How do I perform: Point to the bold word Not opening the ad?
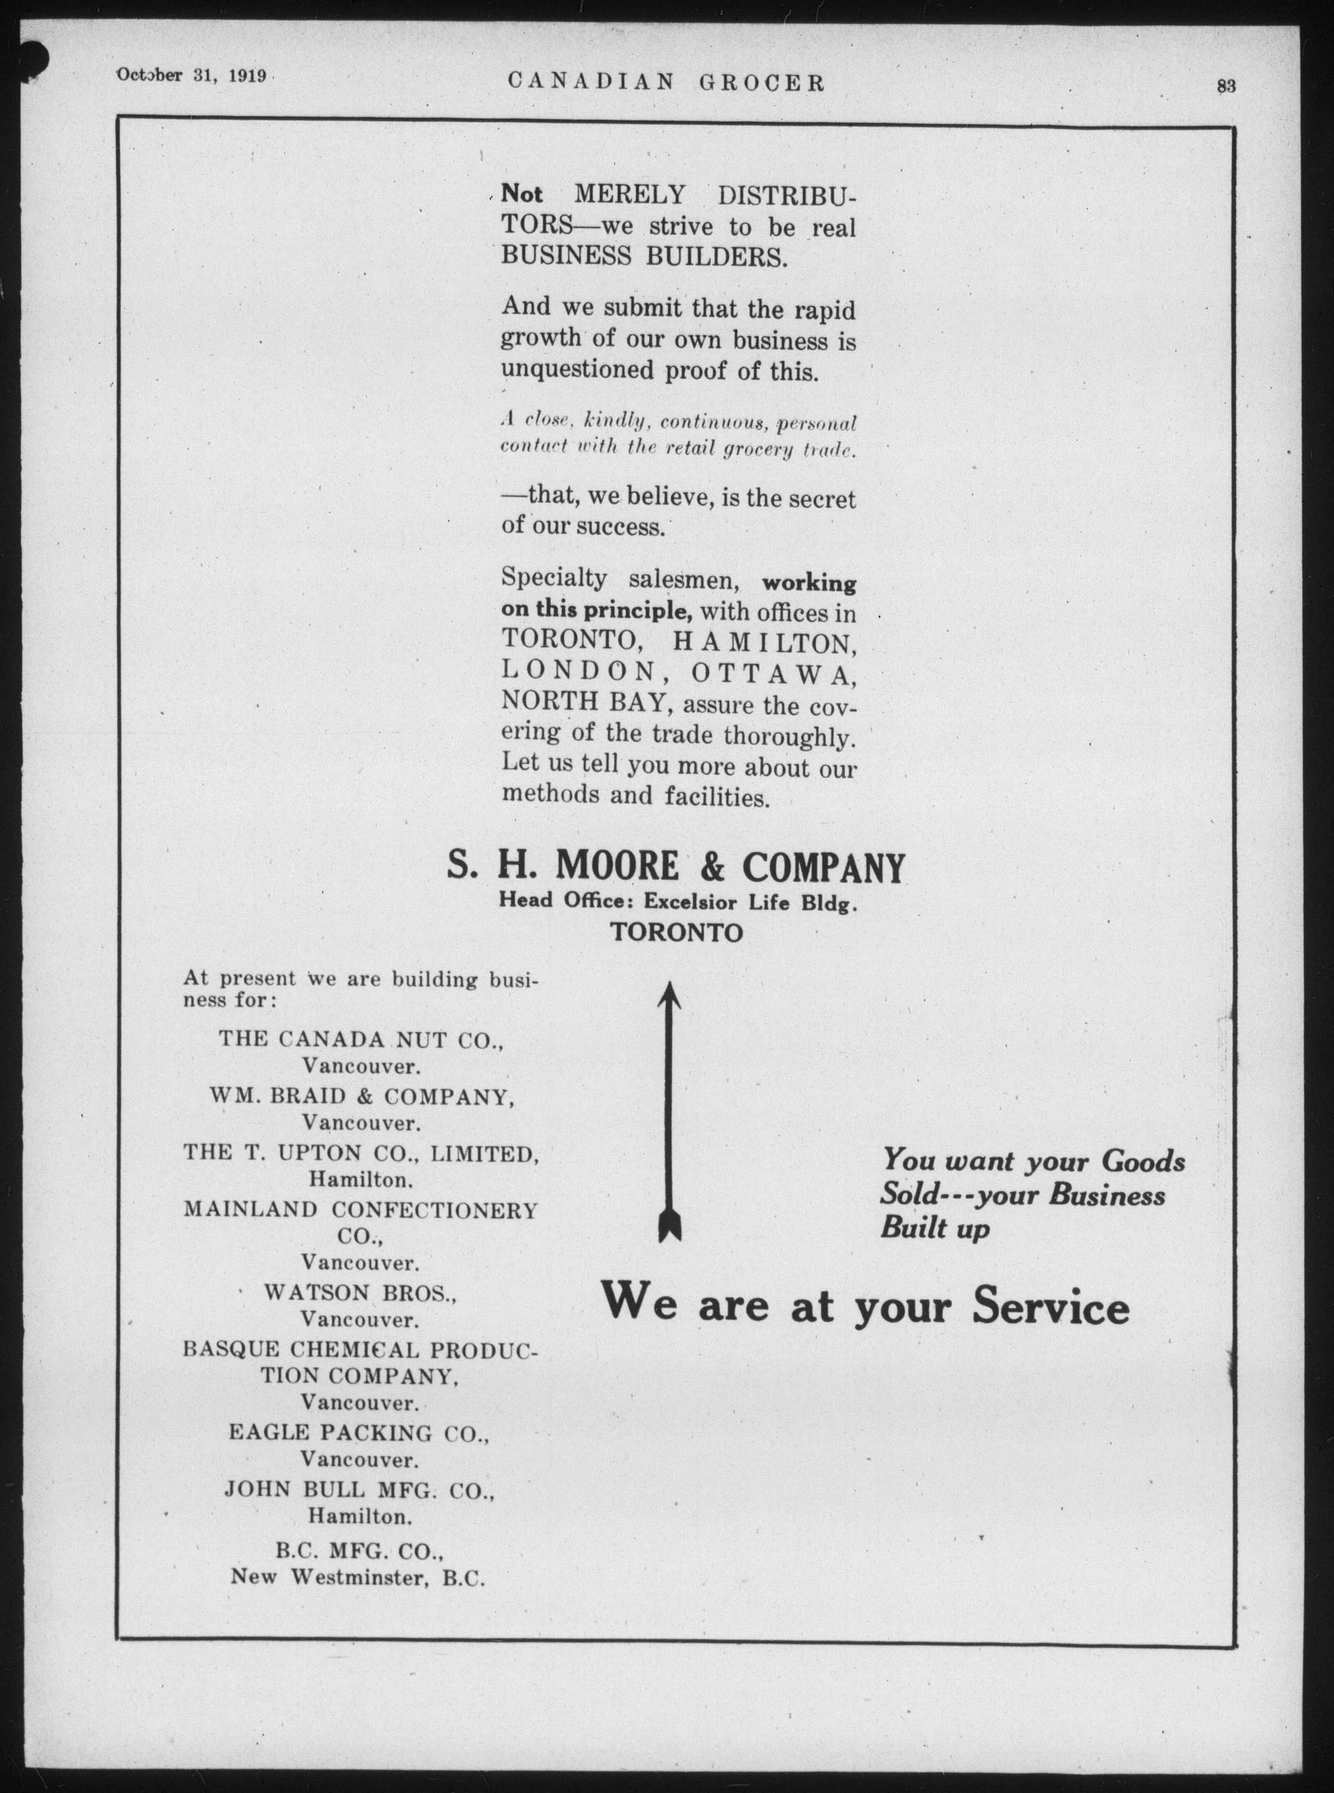click(522, 194)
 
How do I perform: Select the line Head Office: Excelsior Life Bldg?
click(677, 903)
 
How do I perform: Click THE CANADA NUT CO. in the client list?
click(362, 1040)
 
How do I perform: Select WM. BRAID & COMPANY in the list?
click(361, 1097)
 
